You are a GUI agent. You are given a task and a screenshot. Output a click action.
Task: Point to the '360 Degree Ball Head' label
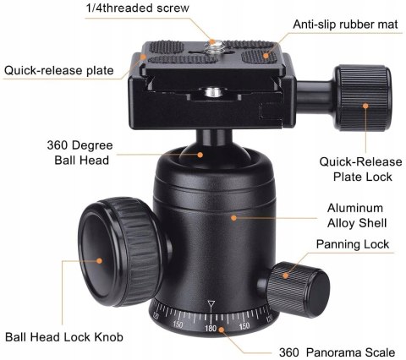point(80,152)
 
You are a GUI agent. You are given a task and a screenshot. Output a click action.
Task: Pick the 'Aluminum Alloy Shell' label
point(357,215)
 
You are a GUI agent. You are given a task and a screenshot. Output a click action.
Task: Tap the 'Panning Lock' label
point(353,244)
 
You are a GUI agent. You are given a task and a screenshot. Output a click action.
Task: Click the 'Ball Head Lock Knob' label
point(63,337)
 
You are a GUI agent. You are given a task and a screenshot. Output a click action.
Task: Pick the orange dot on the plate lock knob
point(365,106)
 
